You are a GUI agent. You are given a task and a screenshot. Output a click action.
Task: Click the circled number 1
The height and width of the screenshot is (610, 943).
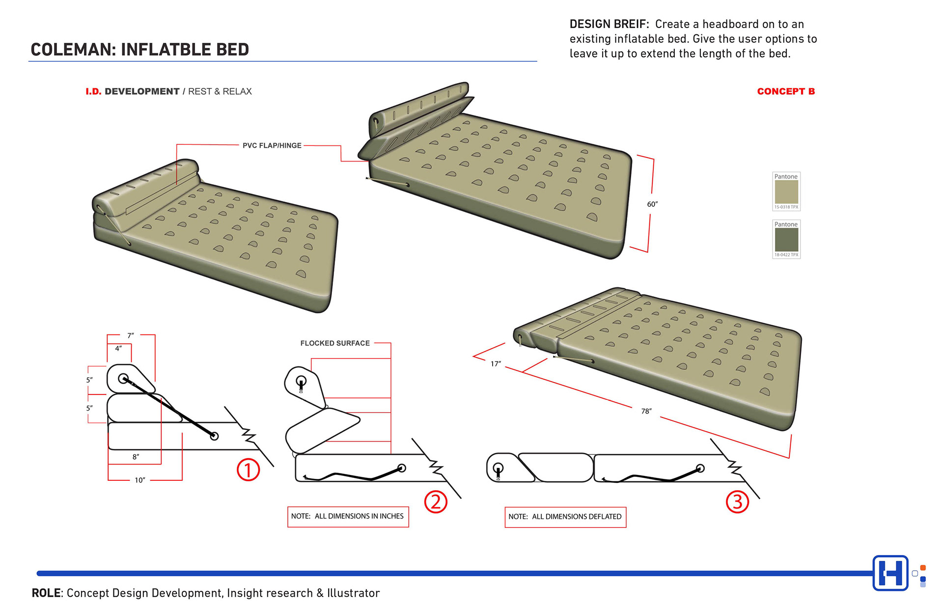pyautogui.click(x=248, y=470)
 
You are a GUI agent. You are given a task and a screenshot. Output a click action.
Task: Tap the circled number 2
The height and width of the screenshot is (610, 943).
pyautogui.click(x=436, y=501)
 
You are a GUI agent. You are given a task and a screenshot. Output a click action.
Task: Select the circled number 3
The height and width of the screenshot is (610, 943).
pyautogui.click(x=737, y=502)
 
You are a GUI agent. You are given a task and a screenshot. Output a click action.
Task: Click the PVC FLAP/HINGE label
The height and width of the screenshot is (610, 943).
pyautogui.click(x=272, y=145)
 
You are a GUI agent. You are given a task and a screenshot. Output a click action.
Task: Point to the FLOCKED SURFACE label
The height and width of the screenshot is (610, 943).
pyautogui.click(x=335, y=343)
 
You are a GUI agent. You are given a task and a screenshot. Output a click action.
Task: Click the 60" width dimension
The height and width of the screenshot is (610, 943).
pyautogui.click(x=652, y=204)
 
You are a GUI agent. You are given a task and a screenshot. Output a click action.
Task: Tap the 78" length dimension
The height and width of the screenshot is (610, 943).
pyautogui.click(x=646, y=411)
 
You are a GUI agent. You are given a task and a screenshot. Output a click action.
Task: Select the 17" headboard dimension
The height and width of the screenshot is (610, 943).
pyautogui.click(x=496, y=364)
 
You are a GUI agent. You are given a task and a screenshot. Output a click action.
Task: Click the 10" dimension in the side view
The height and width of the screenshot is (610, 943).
pyautogui.click(x=140, y=480)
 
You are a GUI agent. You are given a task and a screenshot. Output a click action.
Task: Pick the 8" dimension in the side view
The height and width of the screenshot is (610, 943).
pyautogui.click(x=136, y=457)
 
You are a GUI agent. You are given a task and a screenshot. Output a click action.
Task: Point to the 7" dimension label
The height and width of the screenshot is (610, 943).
pyautogui.click(x=130, y=335)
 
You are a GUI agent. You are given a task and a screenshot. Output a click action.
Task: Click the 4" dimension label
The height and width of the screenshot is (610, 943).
pyautogui.click(x=118, y=348)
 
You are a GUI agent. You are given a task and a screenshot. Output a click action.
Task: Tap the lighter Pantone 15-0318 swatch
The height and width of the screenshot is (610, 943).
pyautogui.click(x=786, y=192)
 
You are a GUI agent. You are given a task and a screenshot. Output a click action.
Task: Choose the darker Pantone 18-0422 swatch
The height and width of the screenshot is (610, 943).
pyautogui.click(x=786, y=240)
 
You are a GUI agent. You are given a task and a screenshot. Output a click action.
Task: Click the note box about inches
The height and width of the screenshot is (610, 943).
pyautogui.click(x=348, y=517)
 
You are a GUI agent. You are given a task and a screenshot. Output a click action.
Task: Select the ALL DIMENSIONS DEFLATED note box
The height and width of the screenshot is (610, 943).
pyautogui.click(x=565, y=517)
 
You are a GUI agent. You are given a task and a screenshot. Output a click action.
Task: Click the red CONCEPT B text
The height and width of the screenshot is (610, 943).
pyautogui.click(x=786, y=91)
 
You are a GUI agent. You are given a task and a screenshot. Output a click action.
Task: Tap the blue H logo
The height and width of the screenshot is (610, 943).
pyautogui.click(x=890, y=573)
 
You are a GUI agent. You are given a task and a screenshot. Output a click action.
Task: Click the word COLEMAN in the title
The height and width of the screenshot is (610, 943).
pyautogui.click(x=72, y=50)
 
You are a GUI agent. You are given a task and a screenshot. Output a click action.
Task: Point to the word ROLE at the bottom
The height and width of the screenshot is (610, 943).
pyautogui.click(x=46, y=593)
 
